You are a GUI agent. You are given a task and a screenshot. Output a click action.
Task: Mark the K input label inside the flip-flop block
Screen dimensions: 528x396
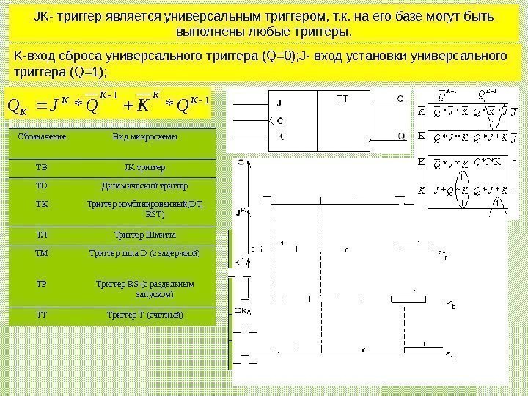(x=279, y=136)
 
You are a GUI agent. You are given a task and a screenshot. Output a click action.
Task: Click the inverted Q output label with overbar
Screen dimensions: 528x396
(x=400, y=136)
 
